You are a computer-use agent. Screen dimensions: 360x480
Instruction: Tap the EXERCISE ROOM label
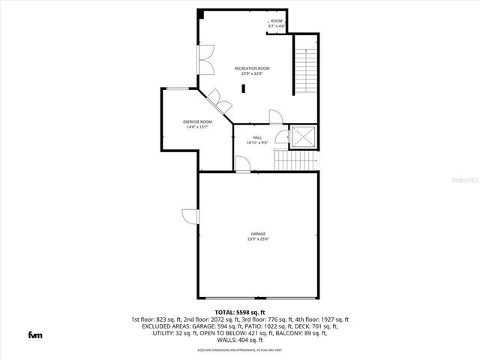[198, 121]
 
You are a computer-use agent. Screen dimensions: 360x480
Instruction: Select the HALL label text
[256, 137]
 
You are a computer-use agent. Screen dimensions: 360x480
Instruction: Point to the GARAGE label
[258, 234]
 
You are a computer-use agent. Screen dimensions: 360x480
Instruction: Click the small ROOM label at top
[277, 21]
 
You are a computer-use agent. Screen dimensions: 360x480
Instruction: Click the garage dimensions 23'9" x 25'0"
[258, 239]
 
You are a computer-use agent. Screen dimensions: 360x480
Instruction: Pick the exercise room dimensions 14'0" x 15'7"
[197, 127]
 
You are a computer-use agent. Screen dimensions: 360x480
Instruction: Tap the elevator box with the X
[304, 136]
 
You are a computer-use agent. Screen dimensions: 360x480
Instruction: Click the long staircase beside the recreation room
[305, 69]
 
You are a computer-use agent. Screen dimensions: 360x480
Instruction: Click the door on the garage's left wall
[188, 216]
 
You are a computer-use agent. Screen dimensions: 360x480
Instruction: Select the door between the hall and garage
[242, 164]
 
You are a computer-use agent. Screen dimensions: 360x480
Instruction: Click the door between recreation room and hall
[275, 117]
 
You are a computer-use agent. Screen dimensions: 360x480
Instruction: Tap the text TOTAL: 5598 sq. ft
[240, 312]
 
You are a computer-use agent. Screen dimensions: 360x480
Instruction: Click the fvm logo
[35, 334]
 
